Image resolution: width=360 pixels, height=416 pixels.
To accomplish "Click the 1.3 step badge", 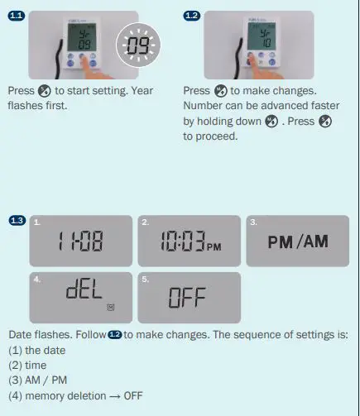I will pyautogui.click(x=17, y=221).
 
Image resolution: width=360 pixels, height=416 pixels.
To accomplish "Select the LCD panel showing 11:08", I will pyautogui.click(x=81, y=241).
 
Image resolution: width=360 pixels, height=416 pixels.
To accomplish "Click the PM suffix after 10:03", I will pyautogui.click(x=214, y=246).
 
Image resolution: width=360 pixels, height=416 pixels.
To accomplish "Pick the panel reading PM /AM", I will pyautogui.click(x=298, y=241).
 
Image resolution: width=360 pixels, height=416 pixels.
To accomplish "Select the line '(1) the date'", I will pyautogui.click(x=37, y=351).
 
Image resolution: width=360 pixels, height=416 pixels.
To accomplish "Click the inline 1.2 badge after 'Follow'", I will pyautogui.click(x=114, y=335).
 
